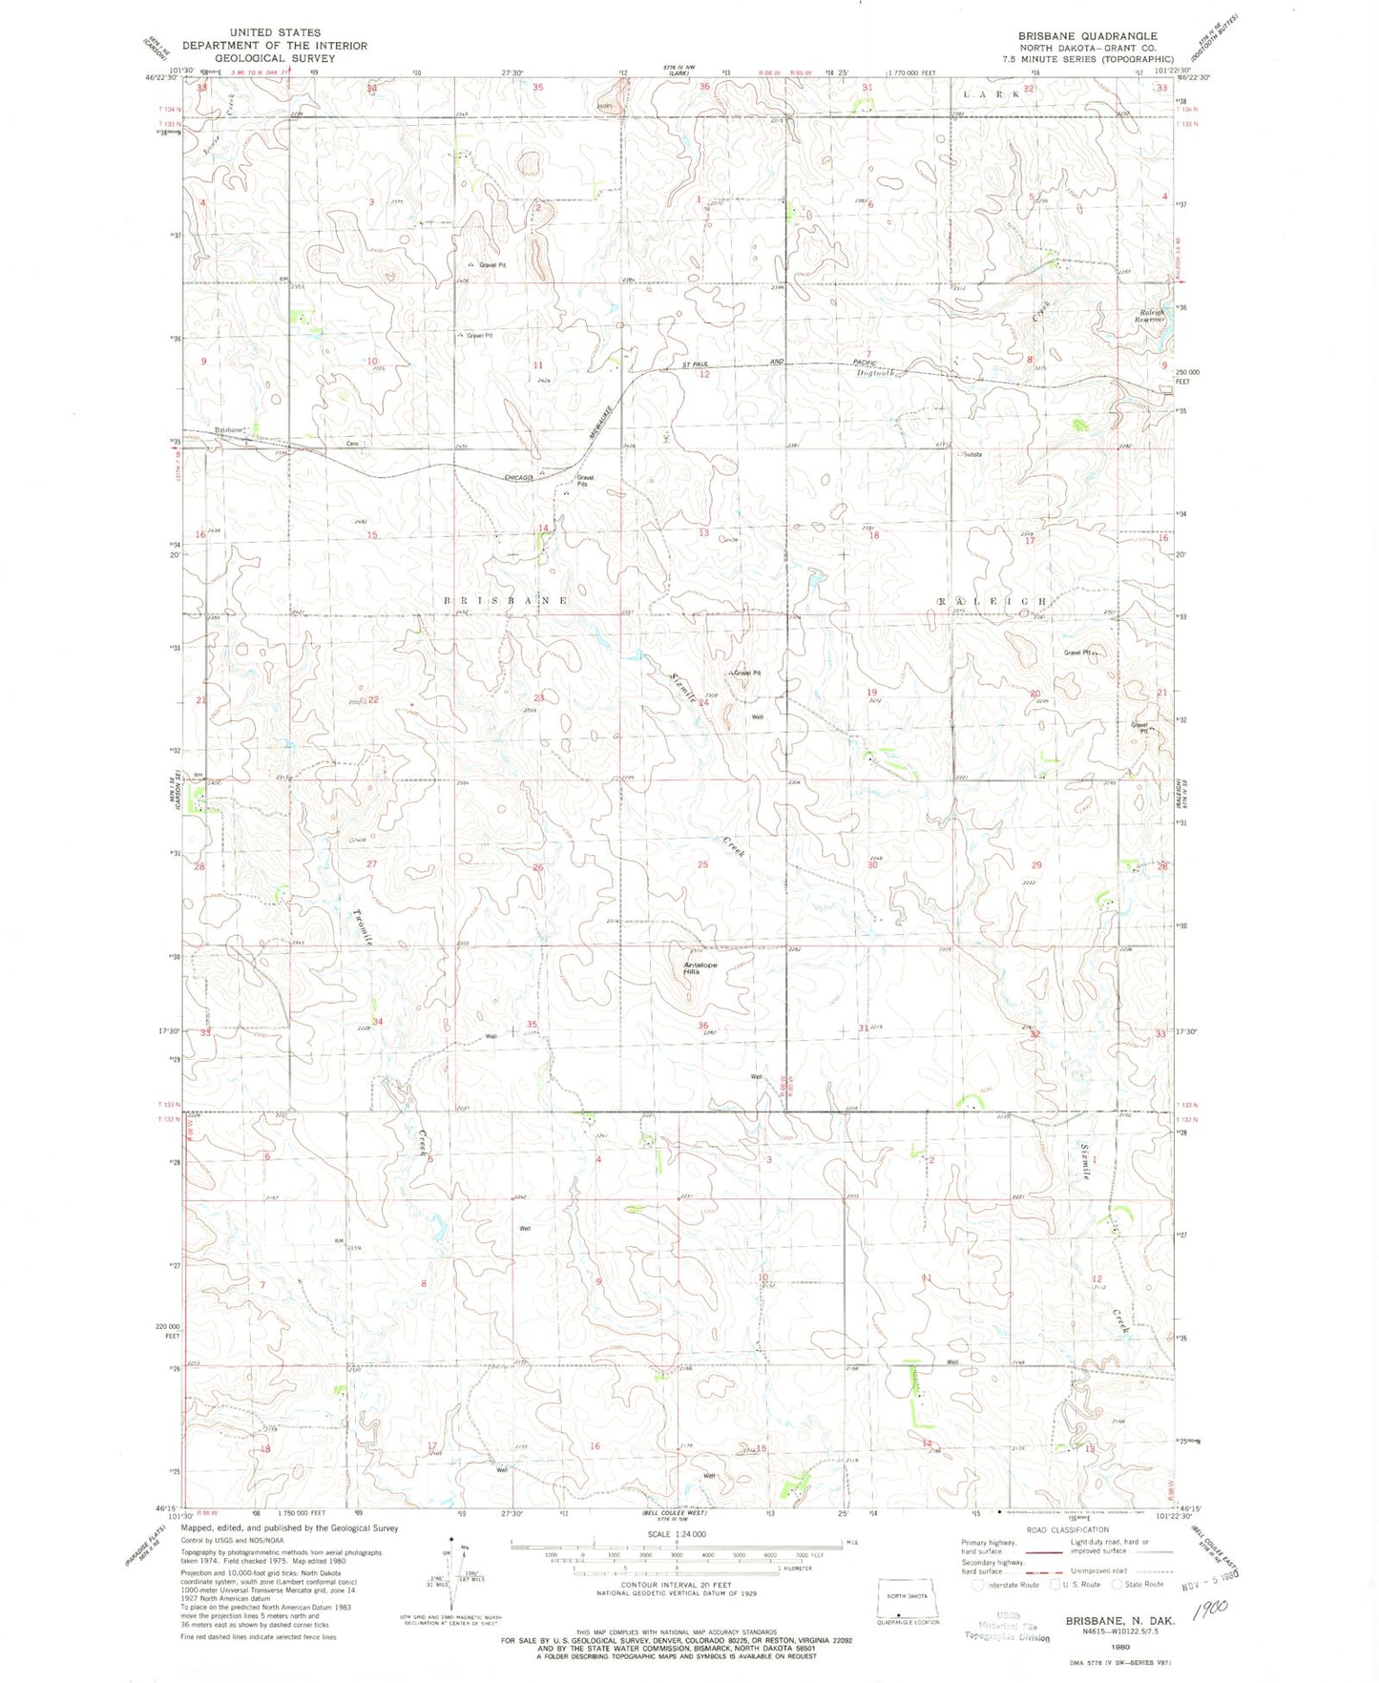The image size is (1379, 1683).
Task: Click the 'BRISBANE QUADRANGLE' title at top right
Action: (1087, 35)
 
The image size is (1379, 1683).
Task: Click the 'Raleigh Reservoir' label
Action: (1151, 316)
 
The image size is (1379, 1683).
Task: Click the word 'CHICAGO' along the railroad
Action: (518, 477)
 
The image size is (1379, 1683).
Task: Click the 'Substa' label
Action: (972, 454)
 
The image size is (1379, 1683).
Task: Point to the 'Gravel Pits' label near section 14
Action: (584, 480)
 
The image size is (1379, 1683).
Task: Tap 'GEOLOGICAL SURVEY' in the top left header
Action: (275, 58)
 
